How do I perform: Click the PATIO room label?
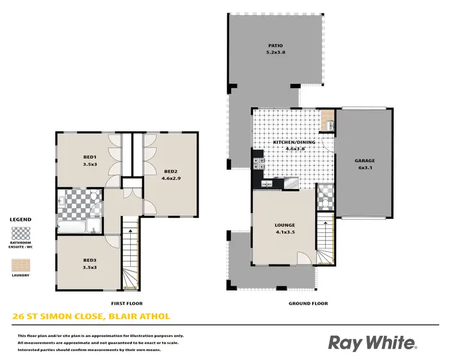pos(276,46)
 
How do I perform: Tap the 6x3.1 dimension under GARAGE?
pos(364,169)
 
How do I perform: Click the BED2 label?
pos(170,170)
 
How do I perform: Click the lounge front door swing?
pos(304,258)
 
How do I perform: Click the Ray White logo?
pos(371,343)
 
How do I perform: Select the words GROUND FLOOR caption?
pos(308,304)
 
